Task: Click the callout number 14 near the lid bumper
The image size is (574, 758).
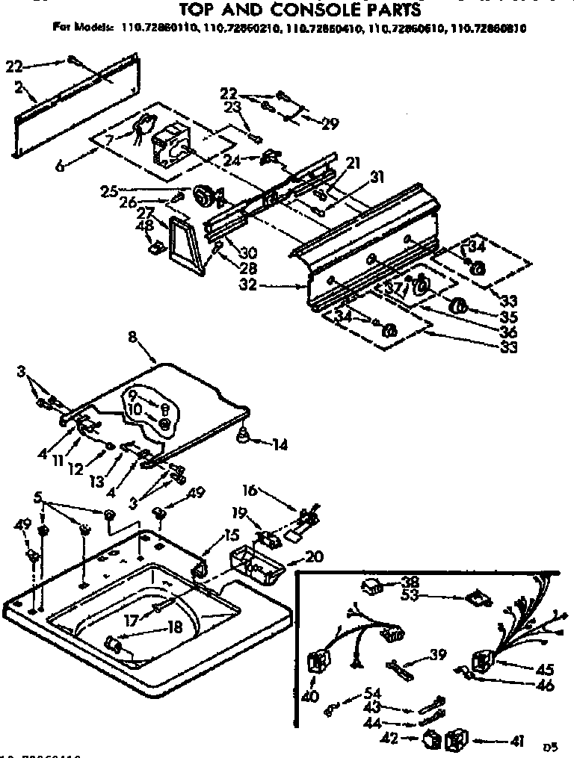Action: (x=280, y=445)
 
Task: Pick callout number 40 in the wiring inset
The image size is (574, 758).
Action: (x=310, y=696)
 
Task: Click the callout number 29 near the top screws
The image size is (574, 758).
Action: (x=329, y=125)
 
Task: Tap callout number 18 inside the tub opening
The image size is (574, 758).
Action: (x=174, y=628)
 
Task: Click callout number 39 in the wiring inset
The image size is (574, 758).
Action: (x=438, y=655)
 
